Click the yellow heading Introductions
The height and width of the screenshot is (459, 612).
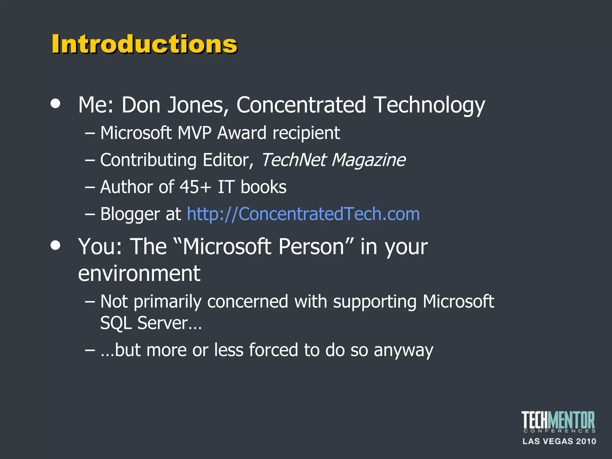144,44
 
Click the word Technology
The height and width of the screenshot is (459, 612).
429,105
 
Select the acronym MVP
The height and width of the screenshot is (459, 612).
195,133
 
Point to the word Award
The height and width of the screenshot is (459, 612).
242,133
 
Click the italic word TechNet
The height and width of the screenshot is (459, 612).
293,160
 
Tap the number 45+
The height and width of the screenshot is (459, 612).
195,187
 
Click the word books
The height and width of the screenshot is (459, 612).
263,187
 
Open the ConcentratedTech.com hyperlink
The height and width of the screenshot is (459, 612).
303,214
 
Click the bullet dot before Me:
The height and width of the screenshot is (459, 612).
56,104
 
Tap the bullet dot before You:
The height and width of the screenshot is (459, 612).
56,245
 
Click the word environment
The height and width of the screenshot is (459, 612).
139,273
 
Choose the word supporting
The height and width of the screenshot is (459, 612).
375,302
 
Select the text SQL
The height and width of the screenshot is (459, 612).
116,323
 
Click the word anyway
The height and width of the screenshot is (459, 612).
403,351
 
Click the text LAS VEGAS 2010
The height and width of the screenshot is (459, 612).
559,441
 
